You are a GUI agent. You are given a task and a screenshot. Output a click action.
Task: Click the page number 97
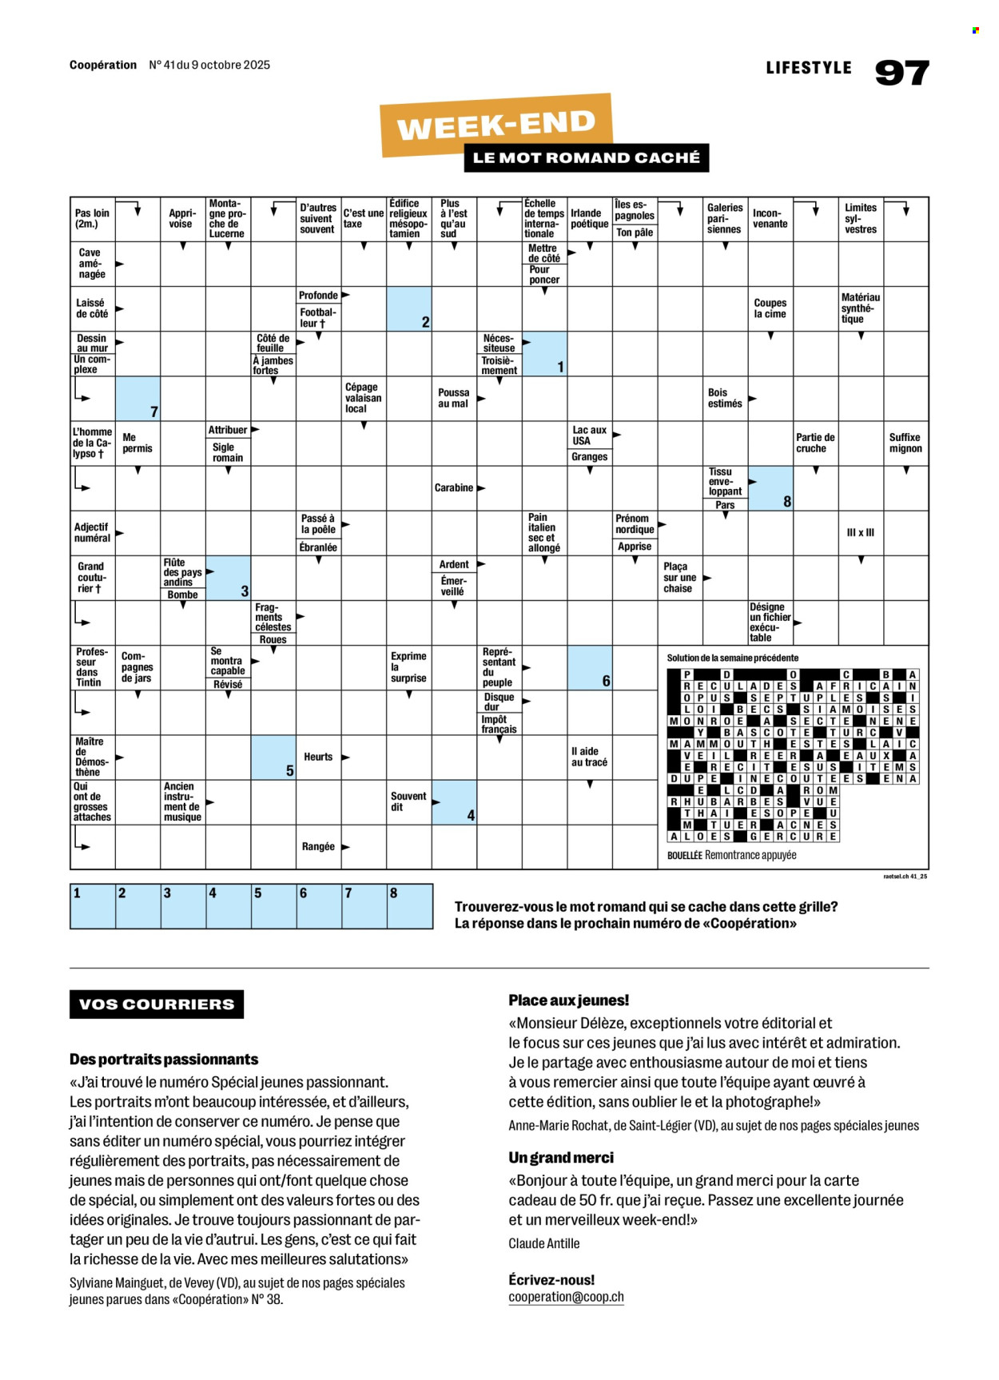(901, 73)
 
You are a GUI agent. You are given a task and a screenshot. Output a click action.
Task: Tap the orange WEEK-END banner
(496, 124)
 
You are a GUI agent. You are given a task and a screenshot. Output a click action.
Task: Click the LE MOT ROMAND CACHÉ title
(586, 157)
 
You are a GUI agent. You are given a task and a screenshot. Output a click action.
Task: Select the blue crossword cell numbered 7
(137, 399)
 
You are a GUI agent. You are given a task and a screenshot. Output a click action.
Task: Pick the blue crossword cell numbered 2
(408, 309)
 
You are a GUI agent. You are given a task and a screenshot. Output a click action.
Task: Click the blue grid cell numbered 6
(589, 668)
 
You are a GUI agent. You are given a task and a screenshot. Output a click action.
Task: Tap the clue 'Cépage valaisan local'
(363, 398)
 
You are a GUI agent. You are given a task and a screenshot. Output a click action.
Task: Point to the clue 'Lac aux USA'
(589, 435)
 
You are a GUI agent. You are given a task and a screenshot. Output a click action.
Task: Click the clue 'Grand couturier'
(91, 578)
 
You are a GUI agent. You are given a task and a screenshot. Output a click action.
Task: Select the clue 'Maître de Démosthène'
(91, 757)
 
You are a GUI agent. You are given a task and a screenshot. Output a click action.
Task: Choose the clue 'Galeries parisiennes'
(725, 218)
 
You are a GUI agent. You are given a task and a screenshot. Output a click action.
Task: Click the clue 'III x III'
(860, 532)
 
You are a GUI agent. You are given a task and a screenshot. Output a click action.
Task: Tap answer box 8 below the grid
(410, 906)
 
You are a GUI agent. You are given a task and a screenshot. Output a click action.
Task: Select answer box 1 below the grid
(93, 906)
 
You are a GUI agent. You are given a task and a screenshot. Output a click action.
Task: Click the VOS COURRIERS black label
(157, 1004)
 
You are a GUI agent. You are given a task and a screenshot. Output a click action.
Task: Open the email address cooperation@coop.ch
(566, 1297)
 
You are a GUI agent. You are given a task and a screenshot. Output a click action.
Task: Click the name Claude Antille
(543, 1243)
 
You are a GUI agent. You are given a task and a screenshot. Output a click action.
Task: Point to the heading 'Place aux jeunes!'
(568, 1000)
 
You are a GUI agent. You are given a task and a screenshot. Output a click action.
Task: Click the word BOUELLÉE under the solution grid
(684, 855)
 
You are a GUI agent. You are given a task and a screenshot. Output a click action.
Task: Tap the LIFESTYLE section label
(808, 68)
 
